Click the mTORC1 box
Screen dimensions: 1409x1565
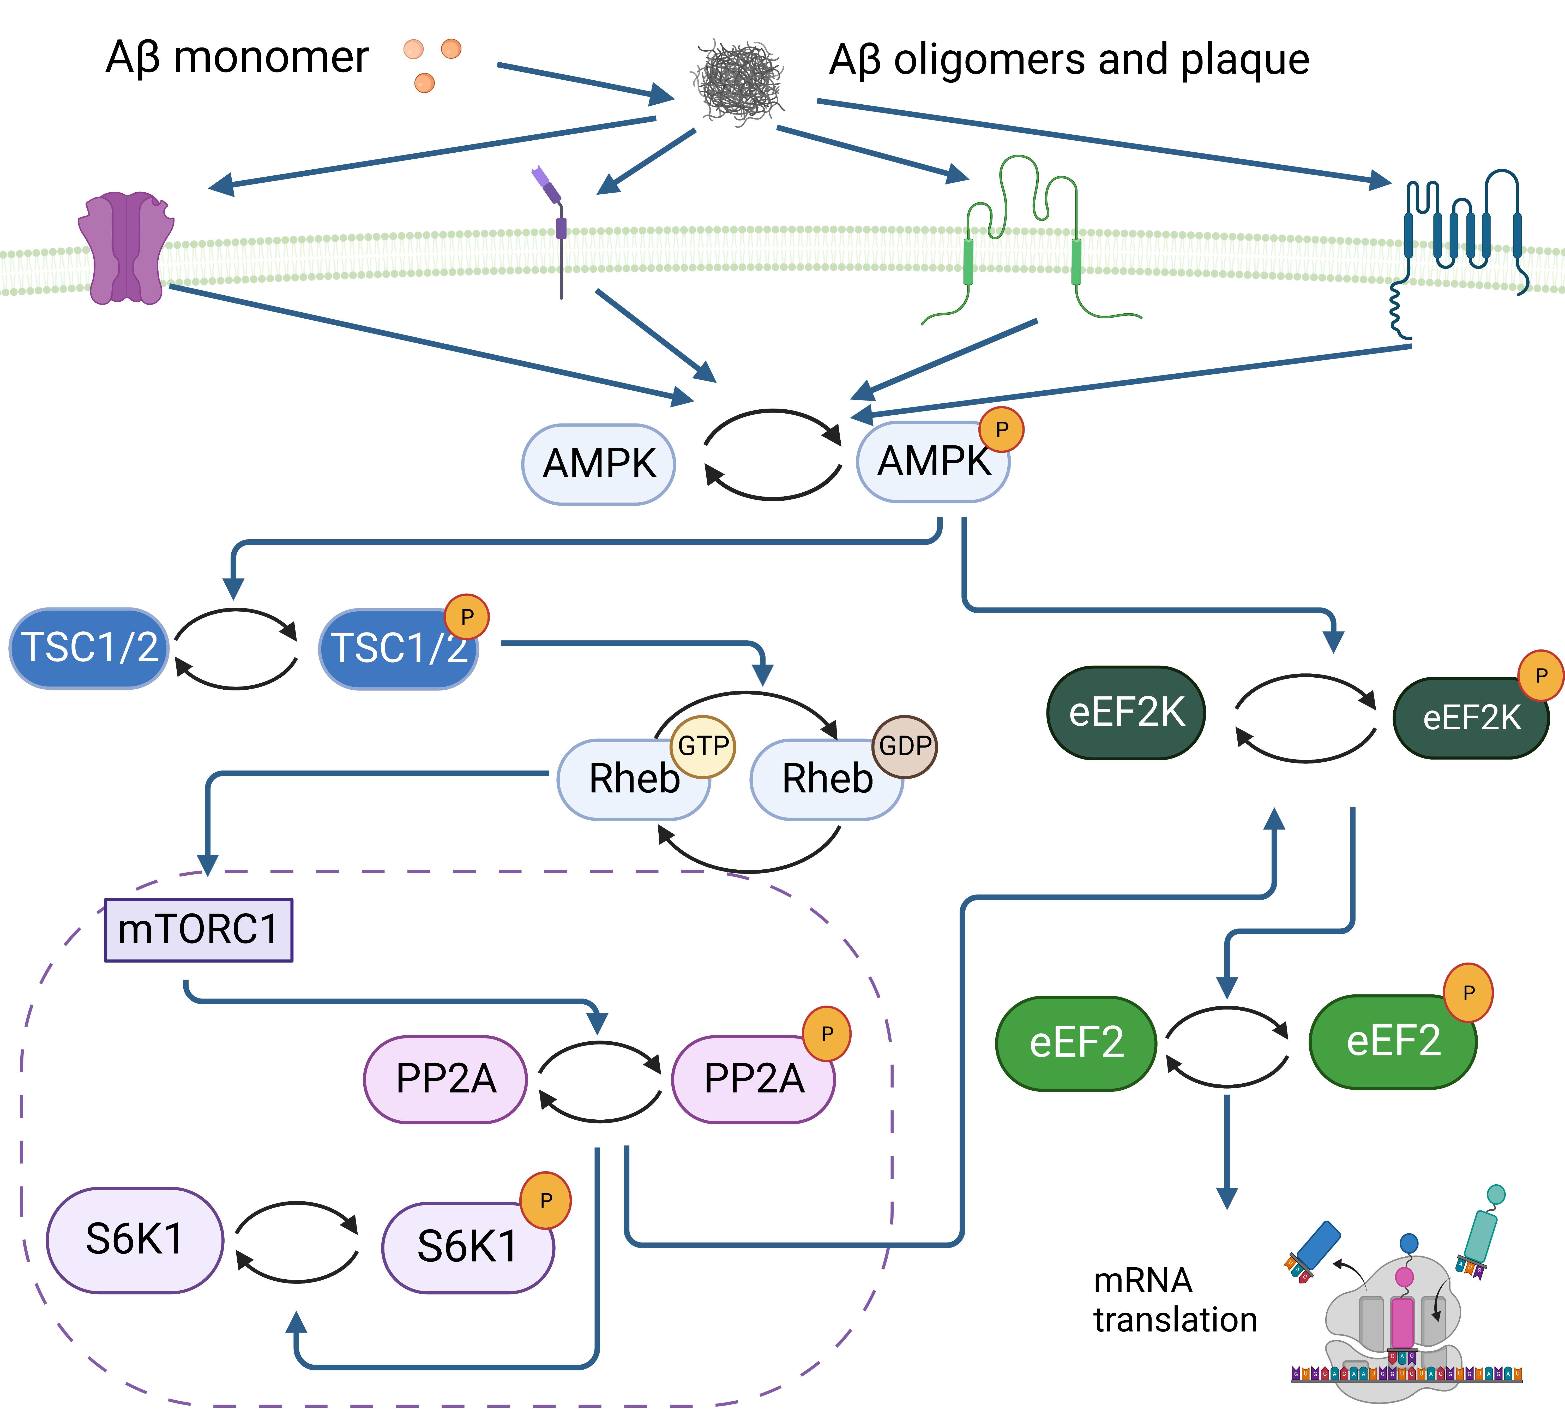pyautogui.click(x=198, y=930)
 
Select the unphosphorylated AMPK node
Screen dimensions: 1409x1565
pyautogui.click(x=598, y=464)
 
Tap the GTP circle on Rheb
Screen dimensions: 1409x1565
pyautogui.click(x=703, y=745)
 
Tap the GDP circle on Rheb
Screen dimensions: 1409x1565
pyautogui.click(x=905, y=745)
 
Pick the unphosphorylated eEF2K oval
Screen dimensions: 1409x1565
pyautogui.click(x=1126, y=712)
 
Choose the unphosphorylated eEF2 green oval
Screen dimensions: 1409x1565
pyautogui.click(x=1076, y=1043)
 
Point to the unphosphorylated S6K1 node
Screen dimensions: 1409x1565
pyautogui.click(x=135, y=1239)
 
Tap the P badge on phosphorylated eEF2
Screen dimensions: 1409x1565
pyautogui.click(x=1468, y=993)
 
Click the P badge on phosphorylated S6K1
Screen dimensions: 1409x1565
pyautogui.click(x=546, y=1200)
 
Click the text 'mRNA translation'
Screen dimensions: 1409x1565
pyautogui.click(x=1174, y=1301)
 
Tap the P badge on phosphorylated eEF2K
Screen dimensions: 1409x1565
pyautogui.click(x=1541, y=675)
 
